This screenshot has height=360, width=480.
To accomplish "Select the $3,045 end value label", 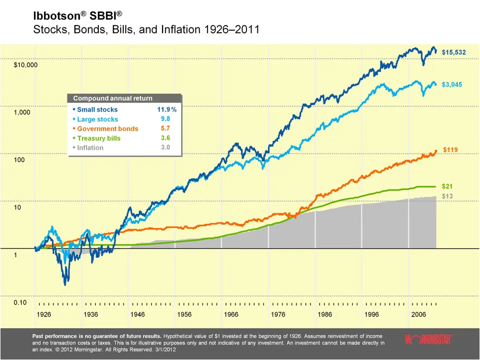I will [452, 85].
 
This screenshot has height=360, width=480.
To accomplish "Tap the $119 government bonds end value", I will [451, 149].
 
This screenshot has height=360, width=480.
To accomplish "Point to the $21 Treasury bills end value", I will [448, 186].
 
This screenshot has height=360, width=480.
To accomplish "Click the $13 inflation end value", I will [447, 196].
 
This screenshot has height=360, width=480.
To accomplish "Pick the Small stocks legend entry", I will [97, 110].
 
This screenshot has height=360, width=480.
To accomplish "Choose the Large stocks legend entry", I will [97, 119].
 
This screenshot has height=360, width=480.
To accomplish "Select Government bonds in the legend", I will [107, 129].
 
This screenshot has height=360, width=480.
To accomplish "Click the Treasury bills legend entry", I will [98, 138].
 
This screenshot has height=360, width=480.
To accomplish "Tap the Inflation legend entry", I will [90, 148].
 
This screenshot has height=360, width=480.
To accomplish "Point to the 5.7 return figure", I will [165, 129].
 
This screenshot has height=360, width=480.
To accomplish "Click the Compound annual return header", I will [113, 98].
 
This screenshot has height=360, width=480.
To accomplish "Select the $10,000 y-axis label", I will [25, 65].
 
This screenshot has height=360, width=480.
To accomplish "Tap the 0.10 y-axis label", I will [20, 303].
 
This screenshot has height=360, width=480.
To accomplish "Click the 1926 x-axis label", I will [44, 315].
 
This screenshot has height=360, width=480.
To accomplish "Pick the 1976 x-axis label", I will [278, 315].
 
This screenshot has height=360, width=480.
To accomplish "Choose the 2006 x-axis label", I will [418, 315].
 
